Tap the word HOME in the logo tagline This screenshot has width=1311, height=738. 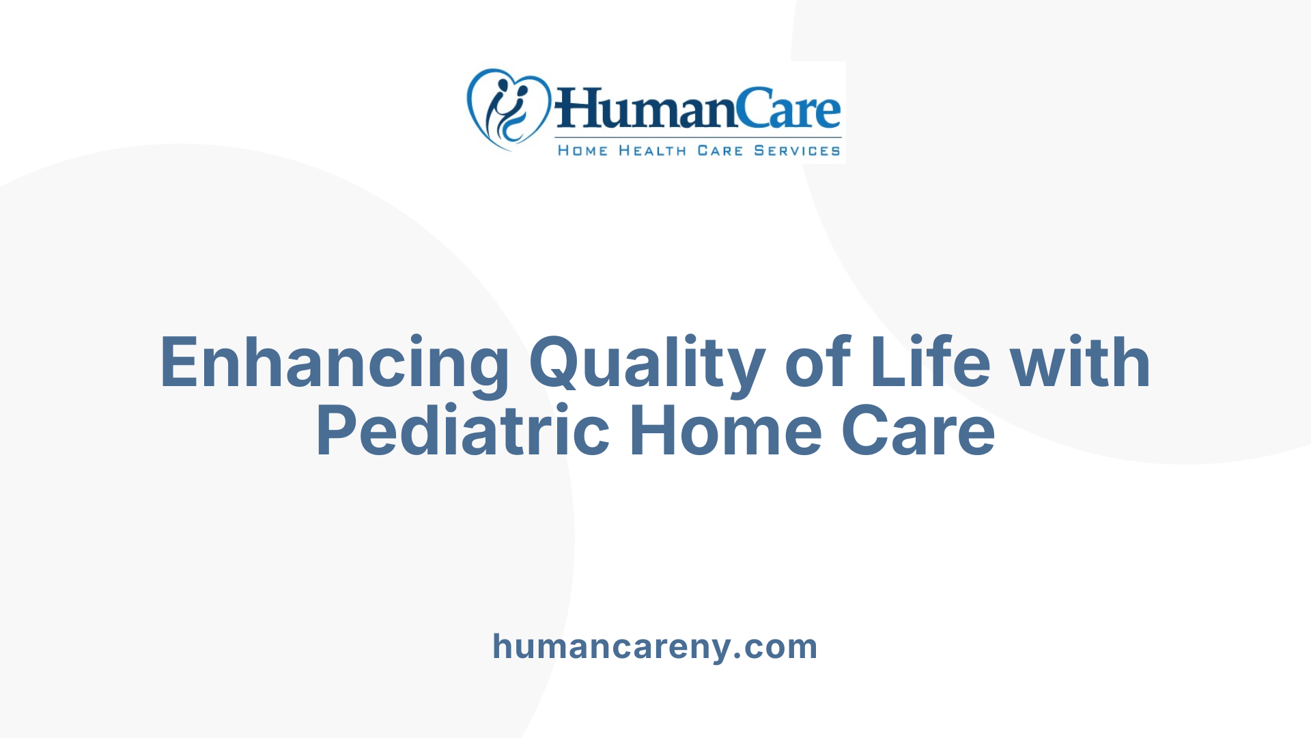click(x=582, y=151)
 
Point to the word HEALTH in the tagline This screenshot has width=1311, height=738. click(x=652, y=151)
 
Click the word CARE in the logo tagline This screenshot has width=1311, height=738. click(x=720, y=151)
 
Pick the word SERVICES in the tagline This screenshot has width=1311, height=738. click(x=797, y=151)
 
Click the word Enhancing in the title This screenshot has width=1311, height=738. click(x=335, y=364)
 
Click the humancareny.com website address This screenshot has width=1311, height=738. click(x=655, y=646)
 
